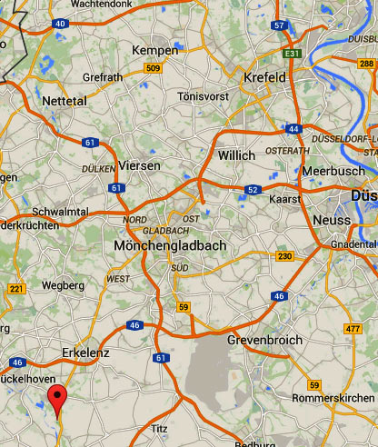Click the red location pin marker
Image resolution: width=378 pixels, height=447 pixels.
58,398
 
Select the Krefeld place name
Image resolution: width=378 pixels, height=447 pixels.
264,78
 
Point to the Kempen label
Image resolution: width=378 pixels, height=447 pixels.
155,50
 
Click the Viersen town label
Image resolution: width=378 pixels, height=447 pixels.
140,165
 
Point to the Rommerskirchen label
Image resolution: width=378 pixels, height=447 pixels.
333,398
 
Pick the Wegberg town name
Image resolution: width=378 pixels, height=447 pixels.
63,285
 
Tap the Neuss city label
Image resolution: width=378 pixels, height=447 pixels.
330,221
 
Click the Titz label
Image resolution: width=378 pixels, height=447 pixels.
160,427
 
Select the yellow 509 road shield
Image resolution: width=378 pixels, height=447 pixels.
153,68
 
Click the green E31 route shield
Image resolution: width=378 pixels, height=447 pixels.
291,55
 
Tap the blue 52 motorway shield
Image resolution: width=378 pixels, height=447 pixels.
253,189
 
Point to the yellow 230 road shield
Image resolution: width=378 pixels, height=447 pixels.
284,256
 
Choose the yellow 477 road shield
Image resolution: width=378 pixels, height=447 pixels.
353,328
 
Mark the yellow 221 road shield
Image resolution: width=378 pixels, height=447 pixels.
15,289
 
